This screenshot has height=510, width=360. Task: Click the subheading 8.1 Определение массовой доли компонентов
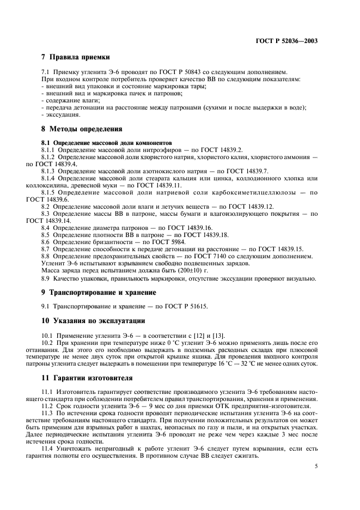coord(90,142)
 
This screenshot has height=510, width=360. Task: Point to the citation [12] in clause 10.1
coord(204,334)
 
